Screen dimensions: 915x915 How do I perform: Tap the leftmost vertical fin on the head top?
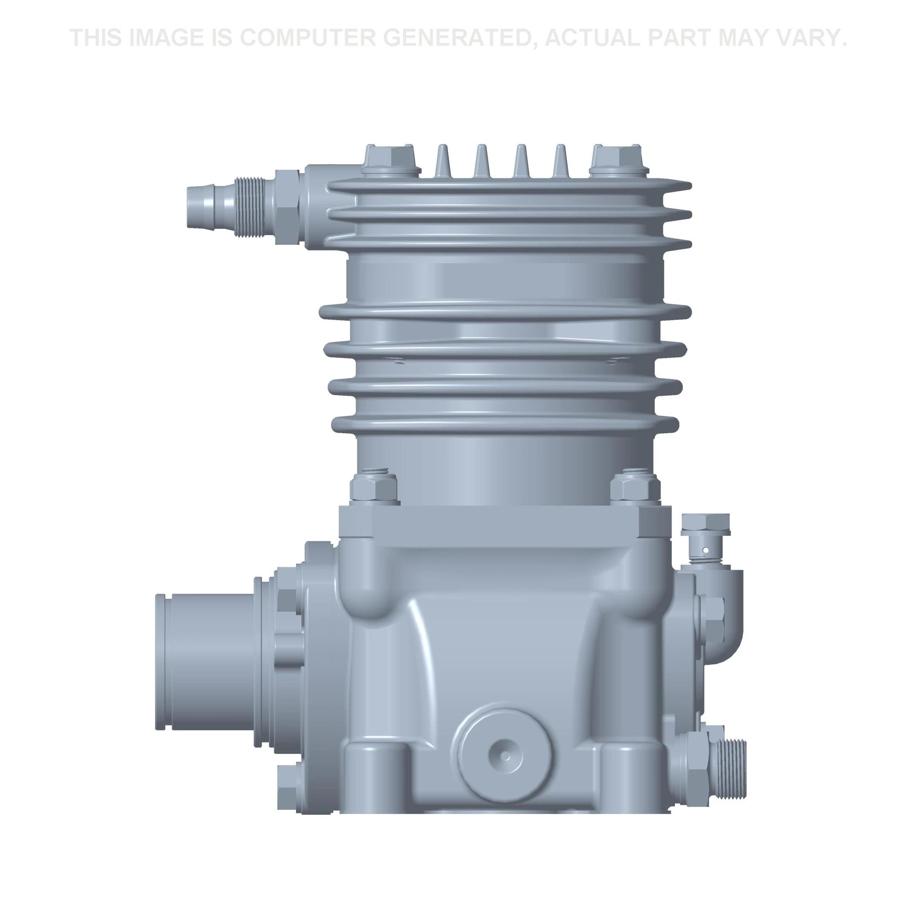click(x=442, y=161)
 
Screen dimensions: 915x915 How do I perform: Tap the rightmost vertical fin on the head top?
click(x=561, y=161)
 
